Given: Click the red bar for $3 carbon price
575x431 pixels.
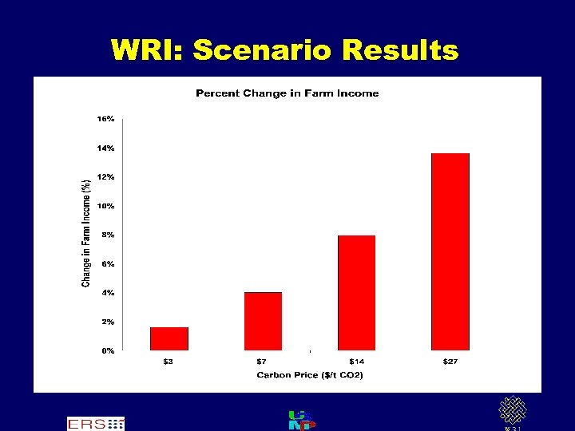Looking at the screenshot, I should point(169,338).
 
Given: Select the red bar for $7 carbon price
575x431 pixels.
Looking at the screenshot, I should point(263,321).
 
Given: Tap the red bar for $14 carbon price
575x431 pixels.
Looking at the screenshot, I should point(356,292).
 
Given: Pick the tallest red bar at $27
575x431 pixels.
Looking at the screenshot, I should point(450,251).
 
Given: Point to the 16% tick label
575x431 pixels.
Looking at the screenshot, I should point(105,118).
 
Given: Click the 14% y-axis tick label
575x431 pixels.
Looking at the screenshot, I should point(105,148).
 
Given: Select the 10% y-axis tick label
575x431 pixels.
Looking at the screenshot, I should point(105,206).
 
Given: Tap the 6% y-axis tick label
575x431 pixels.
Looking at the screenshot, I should point(106,263).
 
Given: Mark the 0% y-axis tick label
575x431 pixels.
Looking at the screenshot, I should point(106,350).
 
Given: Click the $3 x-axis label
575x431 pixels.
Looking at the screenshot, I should point(169,362).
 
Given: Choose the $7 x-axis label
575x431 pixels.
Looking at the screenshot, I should point(263,362).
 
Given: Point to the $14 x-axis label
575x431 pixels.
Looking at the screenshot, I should point(356,362).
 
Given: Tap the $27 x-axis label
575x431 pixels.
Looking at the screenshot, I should point(450,362).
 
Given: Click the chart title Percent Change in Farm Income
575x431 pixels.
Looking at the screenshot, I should point(287,93).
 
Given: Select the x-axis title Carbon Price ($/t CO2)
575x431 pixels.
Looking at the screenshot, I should point(309,375).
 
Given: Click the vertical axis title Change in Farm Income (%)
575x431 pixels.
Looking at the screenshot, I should point(85,232).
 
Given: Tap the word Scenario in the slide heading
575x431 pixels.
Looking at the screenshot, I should point(260,50).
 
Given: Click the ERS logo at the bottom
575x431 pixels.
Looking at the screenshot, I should point(95,423).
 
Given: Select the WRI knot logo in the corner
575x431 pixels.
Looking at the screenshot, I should point(512,412).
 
